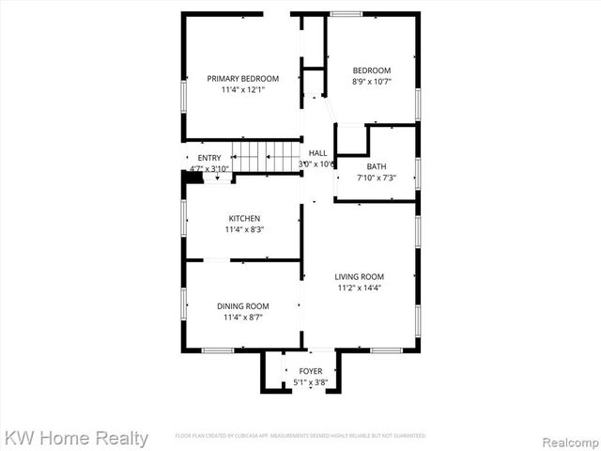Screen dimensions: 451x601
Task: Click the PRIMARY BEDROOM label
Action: coord(242,78)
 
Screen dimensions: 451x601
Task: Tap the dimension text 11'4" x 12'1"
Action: coord(242,90)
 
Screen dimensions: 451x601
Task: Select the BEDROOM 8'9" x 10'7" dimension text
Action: coord(371,82)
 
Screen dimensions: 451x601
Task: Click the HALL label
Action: coord(317,152)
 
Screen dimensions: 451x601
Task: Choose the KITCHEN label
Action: coord(243,218)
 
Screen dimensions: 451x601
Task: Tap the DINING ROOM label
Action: coord(242,306)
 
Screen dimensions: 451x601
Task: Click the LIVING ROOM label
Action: coord(360,276)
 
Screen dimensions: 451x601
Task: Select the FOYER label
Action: coord(310,371)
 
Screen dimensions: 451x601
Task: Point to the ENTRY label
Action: coord(209,158)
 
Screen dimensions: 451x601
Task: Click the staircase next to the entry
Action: coord(265,157)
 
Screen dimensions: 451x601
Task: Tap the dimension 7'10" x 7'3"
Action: coord(376,178)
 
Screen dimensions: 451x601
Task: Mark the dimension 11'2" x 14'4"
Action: coord(360,288)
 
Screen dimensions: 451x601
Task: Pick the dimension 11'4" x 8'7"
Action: coord(242,318)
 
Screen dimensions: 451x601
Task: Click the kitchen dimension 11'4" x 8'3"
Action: coord(243,229)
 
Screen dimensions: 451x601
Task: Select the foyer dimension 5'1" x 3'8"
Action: coord(310,382)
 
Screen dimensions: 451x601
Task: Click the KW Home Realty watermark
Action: coord(75,438)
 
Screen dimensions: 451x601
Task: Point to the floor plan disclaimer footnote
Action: coord(300,436)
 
